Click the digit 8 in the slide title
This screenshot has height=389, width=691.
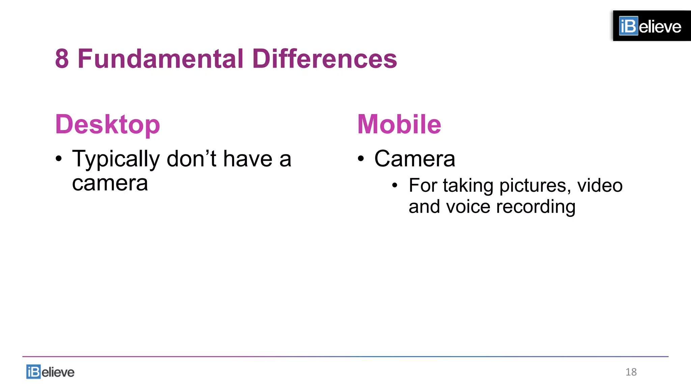(x=62, y=59)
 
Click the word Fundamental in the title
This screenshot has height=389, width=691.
(x=161, y=59)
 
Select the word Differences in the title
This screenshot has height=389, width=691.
(x=325, y=59)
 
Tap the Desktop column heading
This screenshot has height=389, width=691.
(x=107, y=125)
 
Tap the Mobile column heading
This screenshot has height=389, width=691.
(x=399, y=125)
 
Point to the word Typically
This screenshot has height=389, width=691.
(x=116, y=159)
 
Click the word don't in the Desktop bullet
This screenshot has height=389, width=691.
(x=191, y=159)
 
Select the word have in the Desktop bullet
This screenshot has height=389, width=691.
(x=248, y=159)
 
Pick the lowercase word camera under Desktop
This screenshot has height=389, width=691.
(x=110, y=184)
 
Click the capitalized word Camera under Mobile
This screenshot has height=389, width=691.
(x=415, y=159)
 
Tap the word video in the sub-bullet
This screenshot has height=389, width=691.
(x=600, y=185)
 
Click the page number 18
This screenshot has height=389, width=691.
(x=631, y=372)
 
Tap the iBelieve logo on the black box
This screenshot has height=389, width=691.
(x=650, y=26)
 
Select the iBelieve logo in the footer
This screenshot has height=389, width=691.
(x=50, y=372)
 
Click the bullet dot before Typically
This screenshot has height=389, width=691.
(x=59, y=159)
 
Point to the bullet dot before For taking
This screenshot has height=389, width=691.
(x=395, y=185)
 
